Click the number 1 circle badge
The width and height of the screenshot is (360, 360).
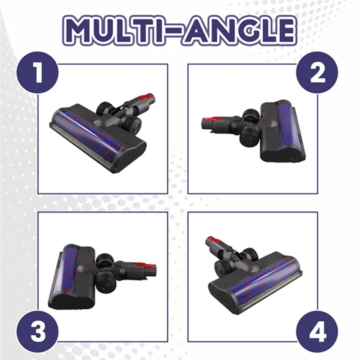click(38, 72)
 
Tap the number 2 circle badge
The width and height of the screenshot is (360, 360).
click(318, 72)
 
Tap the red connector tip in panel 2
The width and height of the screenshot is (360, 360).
click(207, 121)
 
